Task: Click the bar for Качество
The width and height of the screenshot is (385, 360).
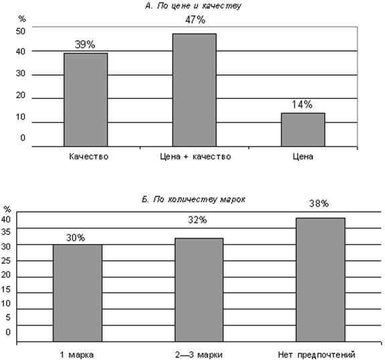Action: pos(86,100)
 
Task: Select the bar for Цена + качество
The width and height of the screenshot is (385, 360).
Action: pos(194,90)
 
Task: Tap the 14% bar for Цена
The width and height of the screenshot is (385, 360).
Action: pos(303,130)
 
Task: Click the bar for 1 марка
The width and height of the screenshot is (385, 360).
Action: pos(78,293)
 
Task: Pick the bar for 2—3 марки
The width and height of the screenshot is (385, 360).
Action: pos(199,290)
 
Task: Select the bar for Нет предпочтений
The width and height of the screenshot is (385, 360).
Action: pos(321,280)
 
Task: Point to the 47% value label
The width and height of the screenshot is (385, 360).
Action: pos(196,19)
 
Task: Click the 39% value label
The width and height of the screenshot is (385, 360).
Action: pos(85,44)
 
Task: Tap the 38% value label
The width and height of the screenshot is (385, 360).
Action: pos(319,204)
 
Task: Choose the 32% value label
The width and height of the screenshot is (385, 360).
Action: pos(198,220)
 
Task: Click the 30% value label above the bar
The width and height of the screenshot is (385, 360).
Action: pos(76,237)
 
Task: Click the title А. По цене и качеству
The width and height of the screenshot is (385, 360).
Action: pos(194,6)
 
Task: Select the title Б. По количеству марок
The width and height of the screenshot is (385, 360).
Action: pos(194,199)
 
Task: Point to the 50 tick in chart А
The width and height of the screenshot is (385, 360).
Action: pos(21,32)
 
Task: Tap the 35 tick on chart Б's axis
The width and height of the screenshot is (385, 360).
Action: pos(6,232)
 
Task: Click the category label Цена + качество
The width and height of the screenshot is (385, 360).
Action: pos(196,156)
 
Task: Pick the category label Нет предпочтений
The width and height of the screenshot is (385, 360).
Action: pos(317,355)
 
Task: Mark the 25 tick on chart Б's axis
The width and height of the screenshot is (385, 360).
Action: pos(6,261)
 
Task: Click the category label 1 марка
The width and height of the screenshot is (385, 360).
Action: pos(77,355)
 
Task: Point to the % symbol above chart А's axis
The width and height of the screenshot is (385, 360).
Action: pos(22,19)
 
